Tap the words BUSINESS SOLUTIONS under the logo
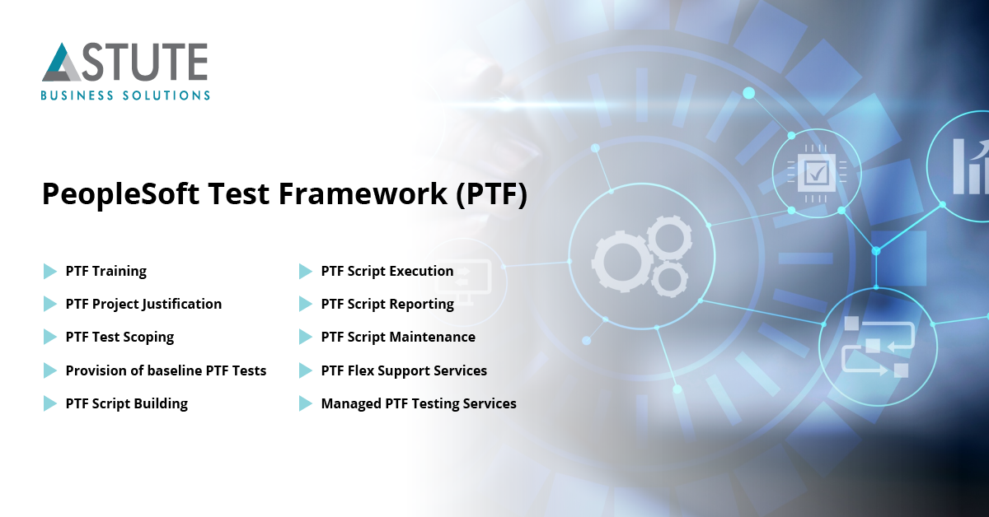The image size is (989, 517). click(125, 95)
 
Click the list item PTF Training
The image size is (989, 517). click(105, 271)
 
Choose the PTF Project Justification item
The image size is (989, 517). click(143, 304)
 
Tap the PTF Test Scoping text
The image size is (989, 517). click(120, 337)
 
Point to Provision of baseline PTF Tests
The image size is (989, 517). click(166, 370)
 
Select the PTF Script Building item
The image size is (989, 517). click(127, 403)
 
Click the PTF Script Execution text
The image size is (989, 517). click(387, 271)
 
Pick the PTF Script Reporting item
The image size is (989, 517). click(387, 304)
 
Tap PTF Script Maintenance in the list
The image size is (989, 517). click(398, 337)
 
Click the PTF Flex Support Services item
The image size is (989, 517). click(404, 370)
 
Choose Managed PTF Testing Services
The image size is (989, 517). click(419, 403)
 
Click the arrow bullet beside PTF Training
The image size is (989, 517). click(49, 271)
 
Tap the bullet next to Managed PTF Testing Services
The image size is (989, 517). click(305, 403)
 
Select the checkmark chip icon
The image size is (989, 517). click(816, 172)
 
